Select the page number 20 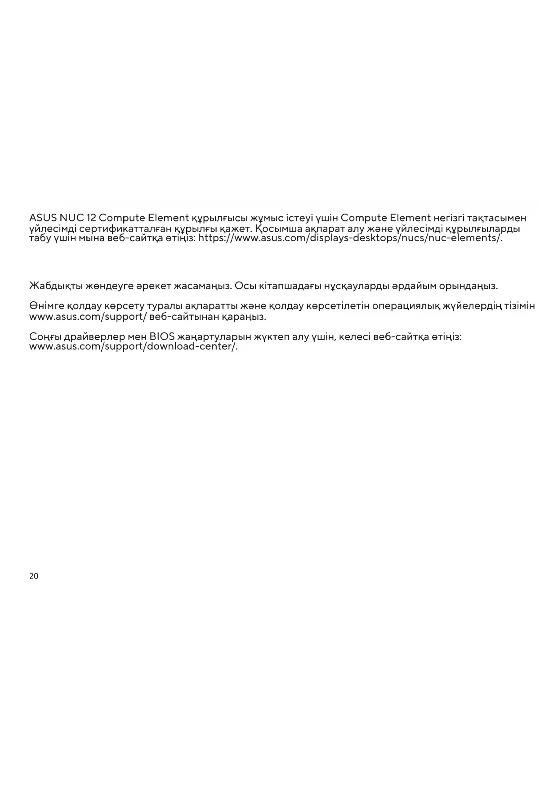34,576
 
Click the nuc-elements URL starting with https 350,238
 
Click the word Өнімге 47,306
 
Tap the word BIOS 162,337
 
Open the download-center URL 133,347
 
